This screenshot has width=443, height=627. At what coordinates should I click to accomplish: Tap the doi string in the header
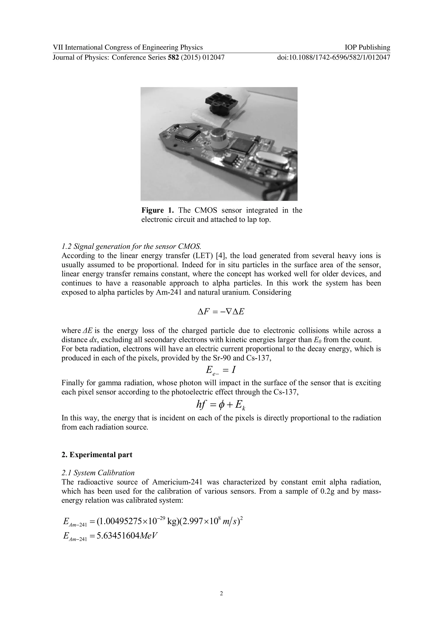click(x=333, y=57)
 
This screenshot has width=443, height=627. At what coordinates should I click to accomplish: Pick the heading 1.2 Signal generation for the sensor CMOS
click(x=131, y=247)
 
